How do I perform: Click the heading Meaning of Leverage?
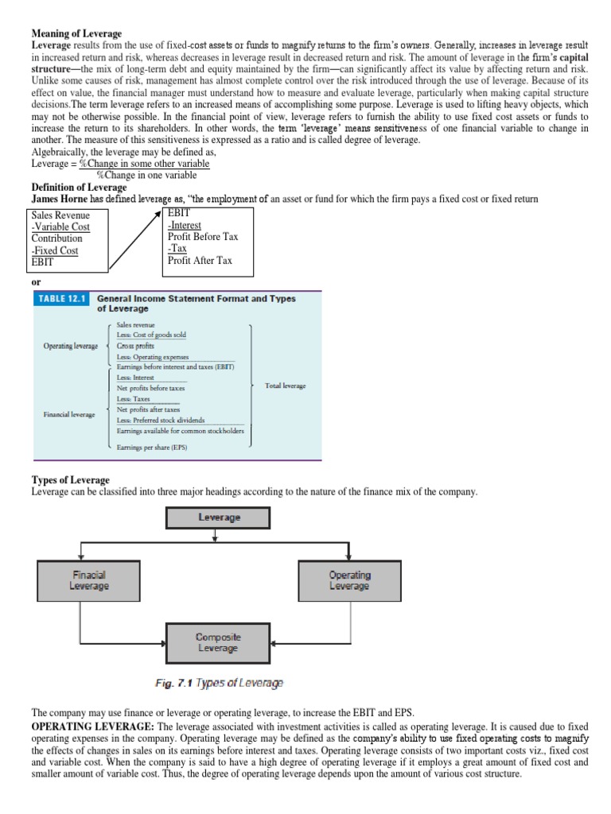tap(76, 33)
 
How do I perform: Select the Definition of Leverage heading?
tap(80, 187)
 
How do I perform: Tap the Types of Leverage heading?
tap(70, 480)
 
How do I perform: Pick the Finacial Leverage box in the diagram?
tap(89, 579)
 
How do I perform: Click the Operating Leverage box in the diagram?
tap(349, 579)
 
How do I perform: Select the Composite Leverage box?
tap(218, 642)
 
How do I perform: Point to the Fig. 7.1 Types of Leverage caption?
tap(218, 682)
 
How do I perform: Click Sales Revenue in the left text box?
tap(60, 215)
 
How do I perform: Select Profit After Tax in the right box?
tap(200, 260)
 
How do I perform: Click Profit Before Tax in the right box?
tap(203, 237)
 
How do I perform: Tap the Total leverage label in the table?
tap(285, 386)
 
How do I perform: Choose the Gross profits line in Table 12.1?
tap(136, 347)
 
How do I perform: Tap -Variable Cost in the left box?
tap(60, 227)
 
